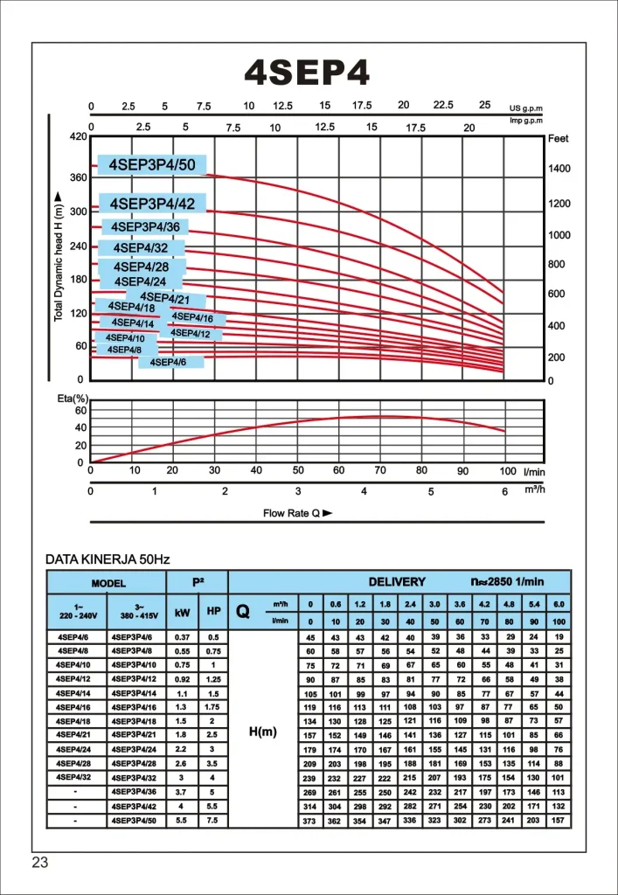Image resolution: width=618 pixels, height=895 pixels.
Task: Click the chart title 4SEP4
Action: pos(307,73)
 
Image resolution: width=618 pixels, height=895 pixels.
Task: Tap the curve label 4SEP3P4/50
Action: pos(152,165)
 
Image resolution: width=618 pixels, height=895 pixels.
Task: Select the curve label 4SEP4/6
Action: pos(169,362)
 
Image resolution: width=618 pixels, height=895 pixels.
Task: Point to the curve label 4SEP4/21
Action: pos(164,299)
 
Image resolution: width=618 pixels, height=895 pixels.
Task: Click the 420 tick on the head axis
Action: pos(78,136)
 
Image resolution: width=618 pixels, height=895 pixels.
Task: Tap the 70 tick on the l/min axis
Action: pos(380,471)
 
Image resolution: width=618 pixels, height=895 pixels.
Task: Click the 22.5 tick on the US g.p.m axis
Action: pos(443,105)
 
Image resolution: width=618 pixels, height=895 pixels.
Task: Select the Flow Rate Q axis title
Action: pos(297,513)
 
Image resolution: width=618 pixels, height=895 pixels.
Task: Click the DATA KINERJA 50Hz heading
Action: pos(108,559)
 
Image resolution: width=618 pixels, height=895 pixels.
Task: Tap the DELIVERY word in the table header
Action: pos(397,581)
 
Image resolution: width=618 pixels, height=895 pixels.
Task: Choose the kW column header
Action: pos(182,612)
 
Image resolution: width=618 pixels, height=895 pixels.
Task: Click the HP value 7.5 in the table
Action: pos(213,821)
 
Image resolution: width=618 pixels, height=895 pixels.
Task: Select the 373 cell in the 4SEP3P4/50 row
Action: pos(310,822)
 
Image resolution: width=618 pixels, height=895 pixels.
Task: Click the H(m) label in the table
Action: pos(263,732)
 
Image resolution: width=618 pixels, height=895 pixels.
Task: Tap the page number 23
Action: pos(40,862)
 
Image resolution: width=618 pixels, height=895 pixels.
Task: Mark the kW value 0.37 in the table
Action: pos(182,637)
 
